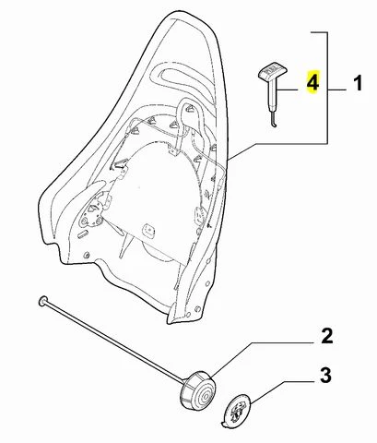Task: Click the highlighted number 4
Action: click(313, 81)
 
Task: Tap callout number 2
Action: click(327, 336)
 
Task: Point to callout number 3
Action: click(325, 376)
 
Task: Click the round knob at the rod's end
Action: click(197, 390)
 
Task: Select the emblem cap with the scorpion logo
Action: click(237, 412)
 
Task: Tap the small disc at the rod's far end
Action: click(42, 301)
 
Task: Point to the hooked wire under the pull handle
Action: click(274, 121)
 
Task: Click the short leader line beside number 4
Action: click(288, 90)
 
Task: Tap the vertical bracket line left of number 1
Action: click(327, 88)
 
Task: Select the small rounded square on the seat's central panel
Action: click(149, 230)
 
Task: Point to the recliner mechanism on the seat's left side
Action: click(92, 212)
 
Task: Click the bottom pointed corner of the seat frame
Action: click(170, 322)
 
